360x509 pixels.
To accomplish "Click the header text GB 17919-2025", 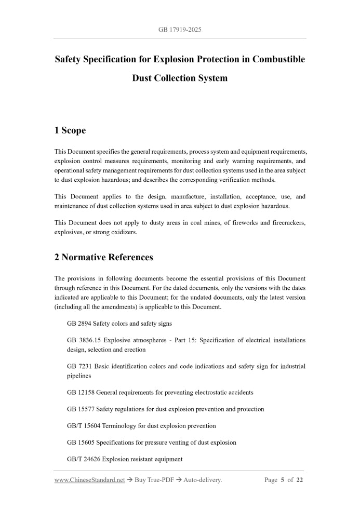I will coord(180,30).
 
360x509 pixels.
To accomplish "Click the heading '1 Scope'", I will coord(70,130).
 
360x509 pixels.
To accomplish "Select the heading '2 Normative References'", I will coord(104,257).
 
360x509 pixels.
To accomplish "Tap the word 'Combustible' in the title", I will coord(278,59).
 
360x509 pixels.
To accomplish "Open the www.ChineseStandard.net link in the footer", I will coord(90,480).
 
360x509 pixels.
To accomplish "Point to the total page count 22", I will coord(300,480).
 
